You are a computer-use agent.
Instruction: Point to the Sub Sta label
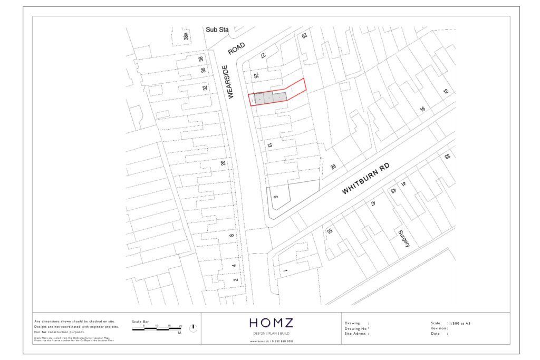(216, 30)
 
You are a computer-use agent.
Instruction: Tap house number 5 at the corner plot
(275, 197)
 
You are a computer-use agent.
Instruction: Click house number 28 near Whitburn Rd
(333, 167)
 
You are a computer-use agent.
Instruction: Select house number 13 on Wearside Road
(269, 145)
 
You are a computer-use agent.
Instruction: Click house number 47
(372, 203)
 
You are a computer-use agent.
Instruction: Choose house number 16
(422, 109)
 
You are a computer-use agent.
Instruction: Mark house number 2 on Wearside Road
(235, 280)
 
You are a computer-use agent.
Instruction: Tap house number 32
(205, 88)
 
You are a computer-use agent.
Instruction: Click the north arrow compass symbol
(193, 327)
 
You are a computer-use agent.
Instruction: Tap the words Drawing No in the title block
(356, 328)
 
